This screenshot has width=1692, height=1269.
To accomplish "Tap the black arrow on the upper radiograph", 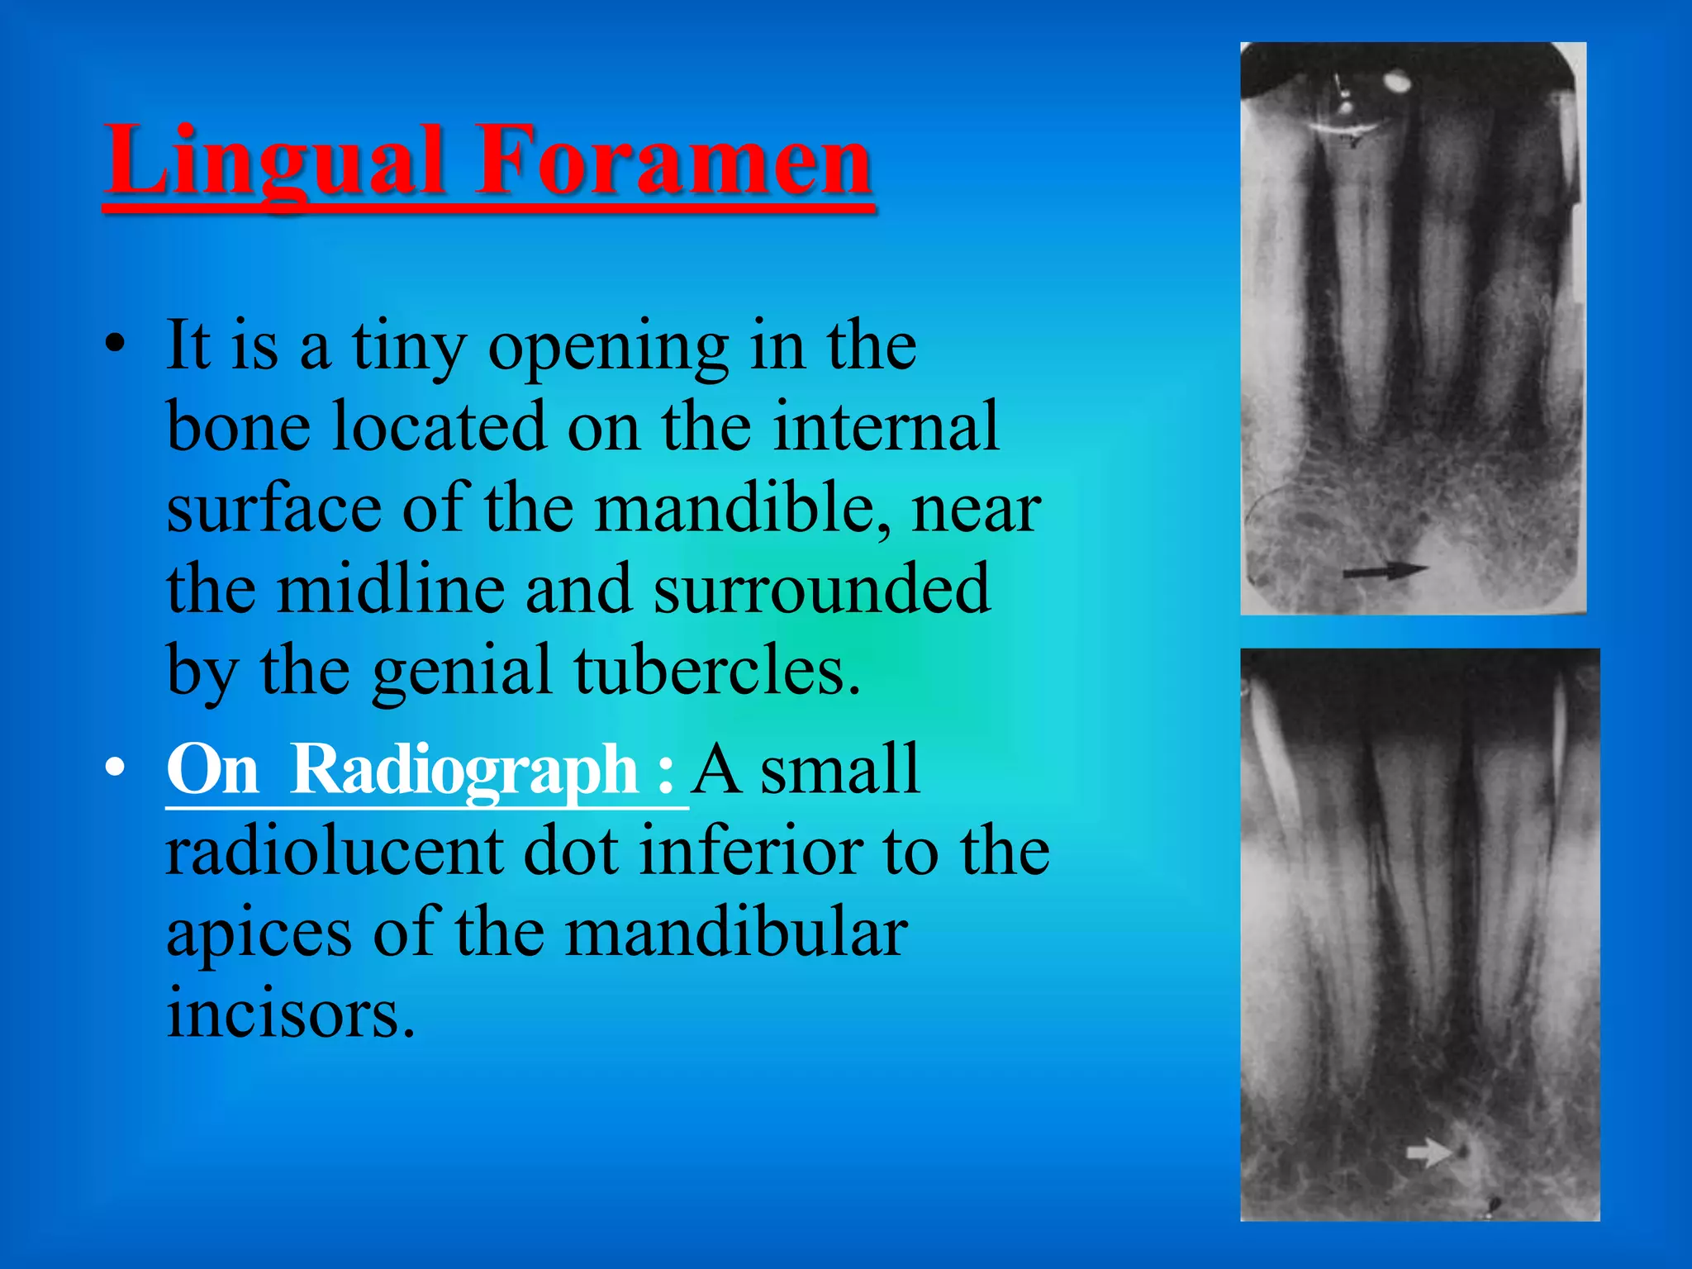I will [1384, 570].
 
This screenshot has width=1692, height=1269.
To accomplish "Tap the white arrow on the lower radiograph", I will [1428, 1152].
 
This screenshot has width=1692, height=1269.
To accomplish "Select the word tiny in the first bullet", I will [409, 347].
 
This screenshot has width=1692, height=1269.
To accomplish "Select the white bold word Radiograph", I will [464, 768].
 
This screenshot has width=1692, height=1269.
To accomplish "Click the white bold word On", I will [212, 768].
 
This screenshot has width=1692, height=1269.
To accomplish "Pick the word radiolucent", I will [335, 851].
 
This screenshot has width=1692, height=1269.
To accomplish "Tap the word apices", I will [259, 934].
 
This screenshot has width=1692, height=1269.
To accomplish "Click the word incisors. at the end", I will [290, 1013].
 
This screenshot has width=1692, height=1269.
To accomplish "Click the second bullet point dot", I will [115, 768].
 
